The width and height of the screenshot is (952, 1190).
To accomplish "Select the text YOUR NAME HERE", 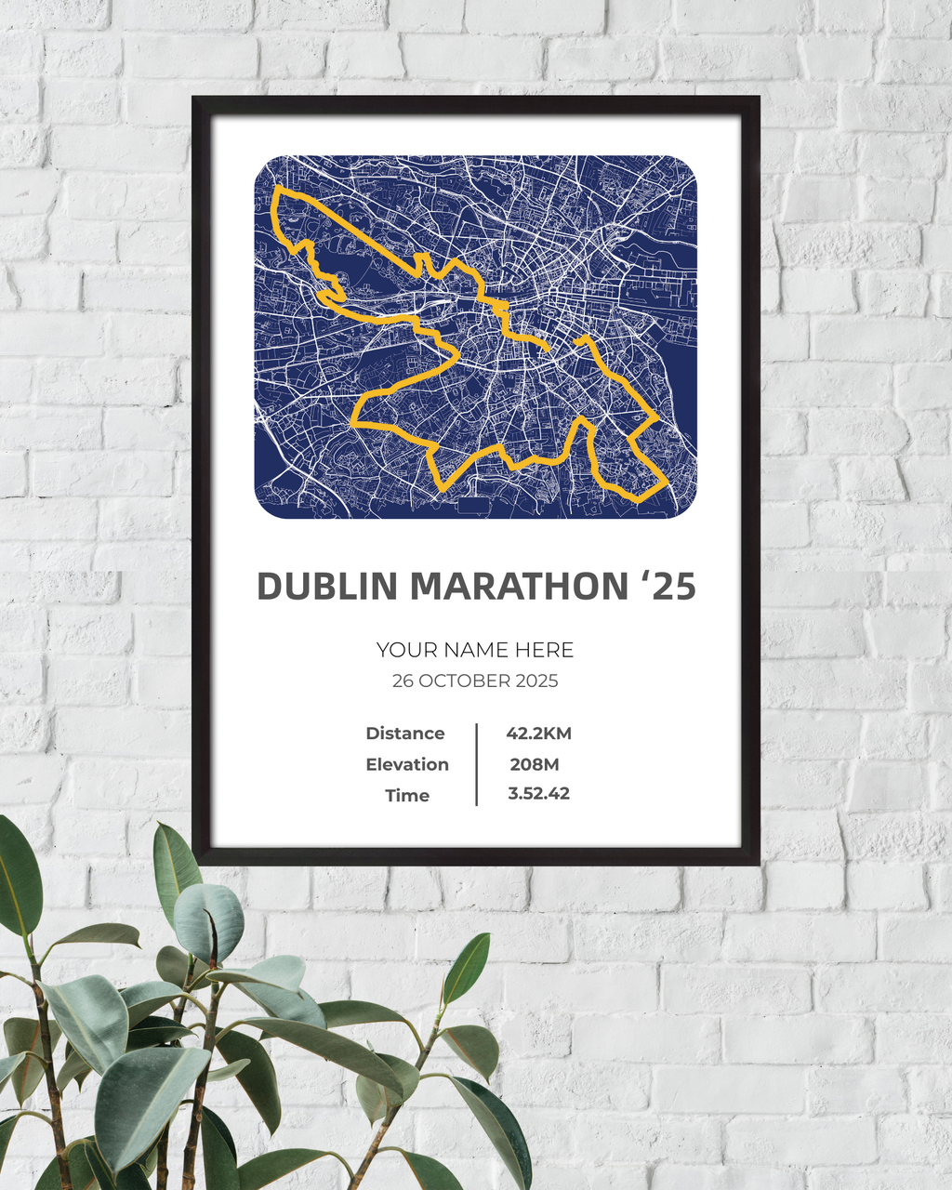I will [x=475, y=650].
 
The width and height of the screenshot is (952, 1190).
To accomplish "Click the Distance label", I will [x=405, y=734].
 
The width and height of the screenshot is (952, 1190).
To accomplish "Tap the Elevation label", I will [x=407, y=764].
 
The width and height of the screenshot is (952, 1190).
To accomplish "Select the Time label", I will [x=407, y=795].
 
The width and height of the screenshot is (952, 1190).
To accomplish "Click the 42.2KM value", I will [x=539, y=734].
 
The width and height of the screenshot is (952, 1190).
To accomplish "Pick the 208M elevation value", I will [x=535, y=764].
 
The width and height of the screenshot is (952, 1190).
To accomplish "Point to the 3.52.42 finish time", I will [x=539, y=794].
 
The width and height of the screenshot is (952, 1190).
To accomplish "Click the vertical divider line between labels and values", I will [x=477, y=764].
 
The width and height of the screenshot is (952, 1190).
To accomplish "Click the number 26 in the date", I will [x=403, y=681].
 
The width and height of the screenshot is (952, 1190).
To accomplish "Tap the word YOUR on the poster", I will [x=406, y=650].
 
